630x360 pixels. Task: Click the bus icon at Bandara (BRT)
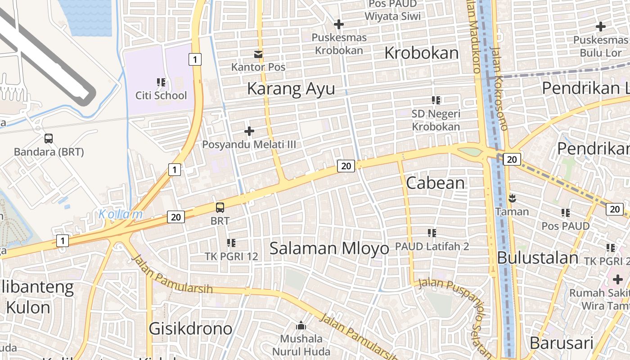[x=49, y=139]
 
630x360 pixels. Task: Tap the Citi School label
[x=161, y=95]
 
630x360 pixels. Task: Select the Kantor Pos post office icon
[x=258, y=54]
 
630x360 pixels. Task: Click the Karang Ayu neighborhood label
[x=291, y=89]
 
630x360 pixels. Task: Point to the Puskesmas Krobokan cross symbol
[x=339, y=24]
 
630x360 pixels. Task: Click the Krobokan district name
[x=422, y=53]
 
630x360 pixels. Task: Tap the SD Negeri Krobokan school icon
[x=436, y=100]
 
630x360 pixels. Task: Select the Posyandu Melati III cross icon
[x=249, y=131]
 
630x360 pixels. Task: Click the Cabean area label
[x=435, y=183]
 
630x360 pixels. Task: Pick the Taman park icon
[x=512, y=198]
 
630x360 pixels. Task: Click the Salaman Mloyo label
[x=329, y=248]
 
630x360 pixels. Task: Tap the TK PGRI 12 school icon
[x=231, y=243]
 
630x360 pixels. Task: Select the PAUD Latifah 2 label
[x=432, y=246]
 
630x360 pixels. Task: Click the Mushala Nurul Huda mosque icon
[x=301, y=325]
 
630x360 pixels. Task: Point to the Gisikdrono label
[x=191, y=328]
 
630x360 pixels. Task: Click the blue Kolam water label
[x=121, y=214]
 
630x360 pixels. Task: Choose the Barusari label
[x=561, y=343]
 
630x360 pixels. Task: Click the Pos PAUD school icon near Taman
[x=566, y=213]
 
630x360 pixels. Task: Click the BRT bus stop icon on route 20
[x=220, y=207]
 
